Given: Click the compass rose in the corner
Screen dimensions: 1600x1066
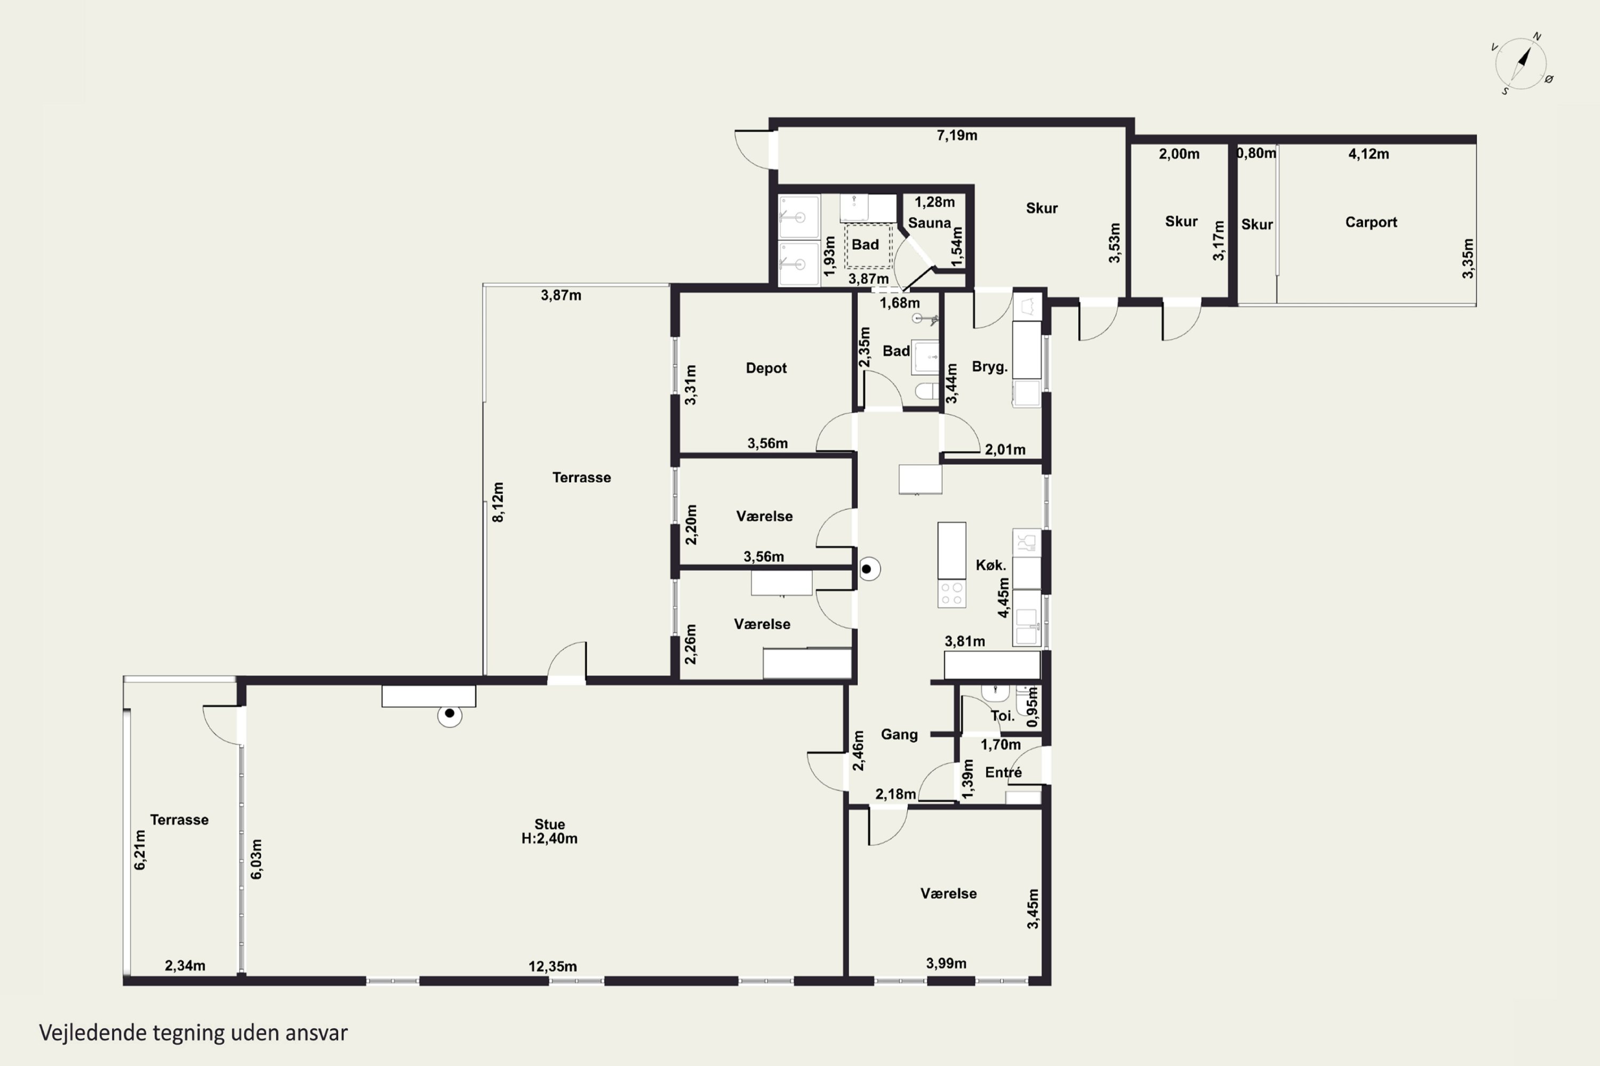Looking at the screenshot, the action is [x=1522, y=64].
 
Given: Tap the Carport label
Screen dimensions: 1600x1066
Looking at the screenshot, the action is [x=1371, y=222].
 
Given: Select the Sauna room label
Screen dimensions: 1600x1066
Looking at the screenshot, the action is [x=929, y=223].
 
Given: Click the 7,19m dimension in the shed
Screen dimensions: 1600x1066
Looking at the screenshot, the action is [x=956, y=135].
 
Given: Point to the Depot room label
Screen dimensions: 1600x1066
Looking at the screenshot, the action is [x=766, y=368].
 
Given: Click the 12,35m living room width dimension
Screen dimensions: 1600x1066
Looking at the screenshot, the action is [x=553, y=966].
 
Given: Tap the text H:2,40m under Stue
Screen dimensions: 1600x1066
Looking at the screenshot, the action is [x=550, y=838].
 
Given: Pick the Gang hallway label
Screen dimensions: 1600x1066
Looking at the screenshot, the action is [x=899, y=734].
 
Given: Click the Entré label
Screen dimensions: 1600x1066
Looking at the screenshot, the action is [x=1003, y=772].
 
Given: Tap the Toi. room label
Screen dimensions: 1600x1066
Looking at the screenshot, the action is [x=1003, y=715].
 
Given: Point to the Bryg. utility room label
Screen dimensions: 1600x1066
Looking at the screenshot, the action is [x=989, y=367].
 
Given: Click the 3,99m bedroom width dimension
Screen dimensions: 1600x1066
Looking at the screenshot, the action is [x=946, y=963].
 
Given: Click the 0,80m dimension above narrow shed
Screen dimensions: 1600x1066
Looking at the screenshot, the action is [x=1257, y=154].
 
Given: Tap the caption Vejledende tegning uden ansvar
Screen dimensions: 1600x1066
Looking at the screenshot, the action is [x=193, y=1033].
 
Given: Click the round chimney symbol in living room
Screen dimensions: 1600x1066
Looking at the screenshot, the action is [x=450, y=714].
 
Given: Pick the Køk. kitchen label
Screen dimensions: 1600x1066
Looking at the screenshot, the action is [x=990, y=565].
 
